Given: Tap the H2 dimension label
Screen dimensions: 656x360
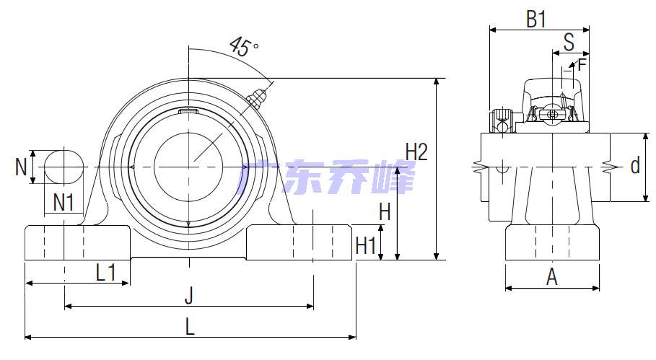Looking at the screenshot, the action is pyautogui.click(x=416, y=152).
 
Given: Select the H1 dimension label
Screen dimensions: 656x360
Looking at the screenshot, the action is pyautogui.click(x=365, y=245).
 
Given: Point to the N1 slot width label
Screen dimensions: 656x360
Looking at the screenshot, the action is pyautogui.click(x=64, y=203).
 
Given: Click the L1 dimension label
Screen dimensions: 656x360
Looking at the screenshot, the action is pyautogui.click(x=106, y=273).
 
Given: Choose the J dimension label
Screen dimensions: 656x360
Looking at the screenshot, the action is pyautogui.click(x=189, y=296).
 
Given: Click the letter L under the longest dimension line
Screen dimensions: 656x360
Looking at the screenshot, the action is pyautogui.click(x=190, y=326).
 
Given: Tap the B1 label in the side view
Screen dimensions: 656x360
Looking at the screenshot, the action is pyautogui.click(x=536, y=19).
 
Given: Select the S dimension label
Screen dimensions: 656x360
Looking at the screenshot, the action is pyautogui.click(x=569, y=42).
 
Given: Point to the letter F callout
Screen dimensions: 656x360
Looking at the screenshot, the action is pyautogui.click(x=582, y=65).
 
